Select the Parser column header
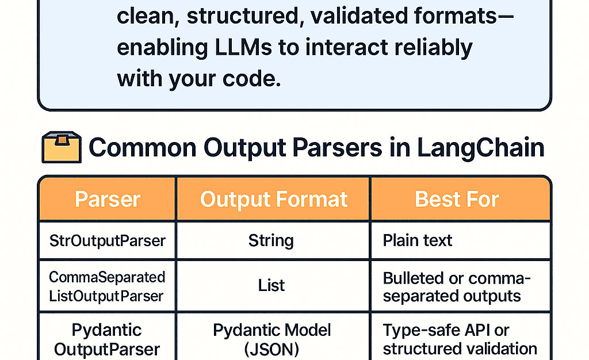[x=108, y=200]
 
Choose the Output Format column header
[x=274, y=200]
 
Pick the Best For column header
[x=457, y=200]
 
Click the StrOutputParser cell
[x=108, y=240]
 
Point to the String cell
[x=271, y=240]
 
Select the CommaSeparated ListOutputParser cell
[x=107, y=286]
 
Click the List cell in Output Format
[x=271, y=286]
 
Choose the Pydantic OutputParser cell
[x=107, y=340]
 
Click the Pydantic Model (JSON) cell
[x=271, y=340]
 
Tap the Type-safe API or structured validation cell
[x=460, y=340]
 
